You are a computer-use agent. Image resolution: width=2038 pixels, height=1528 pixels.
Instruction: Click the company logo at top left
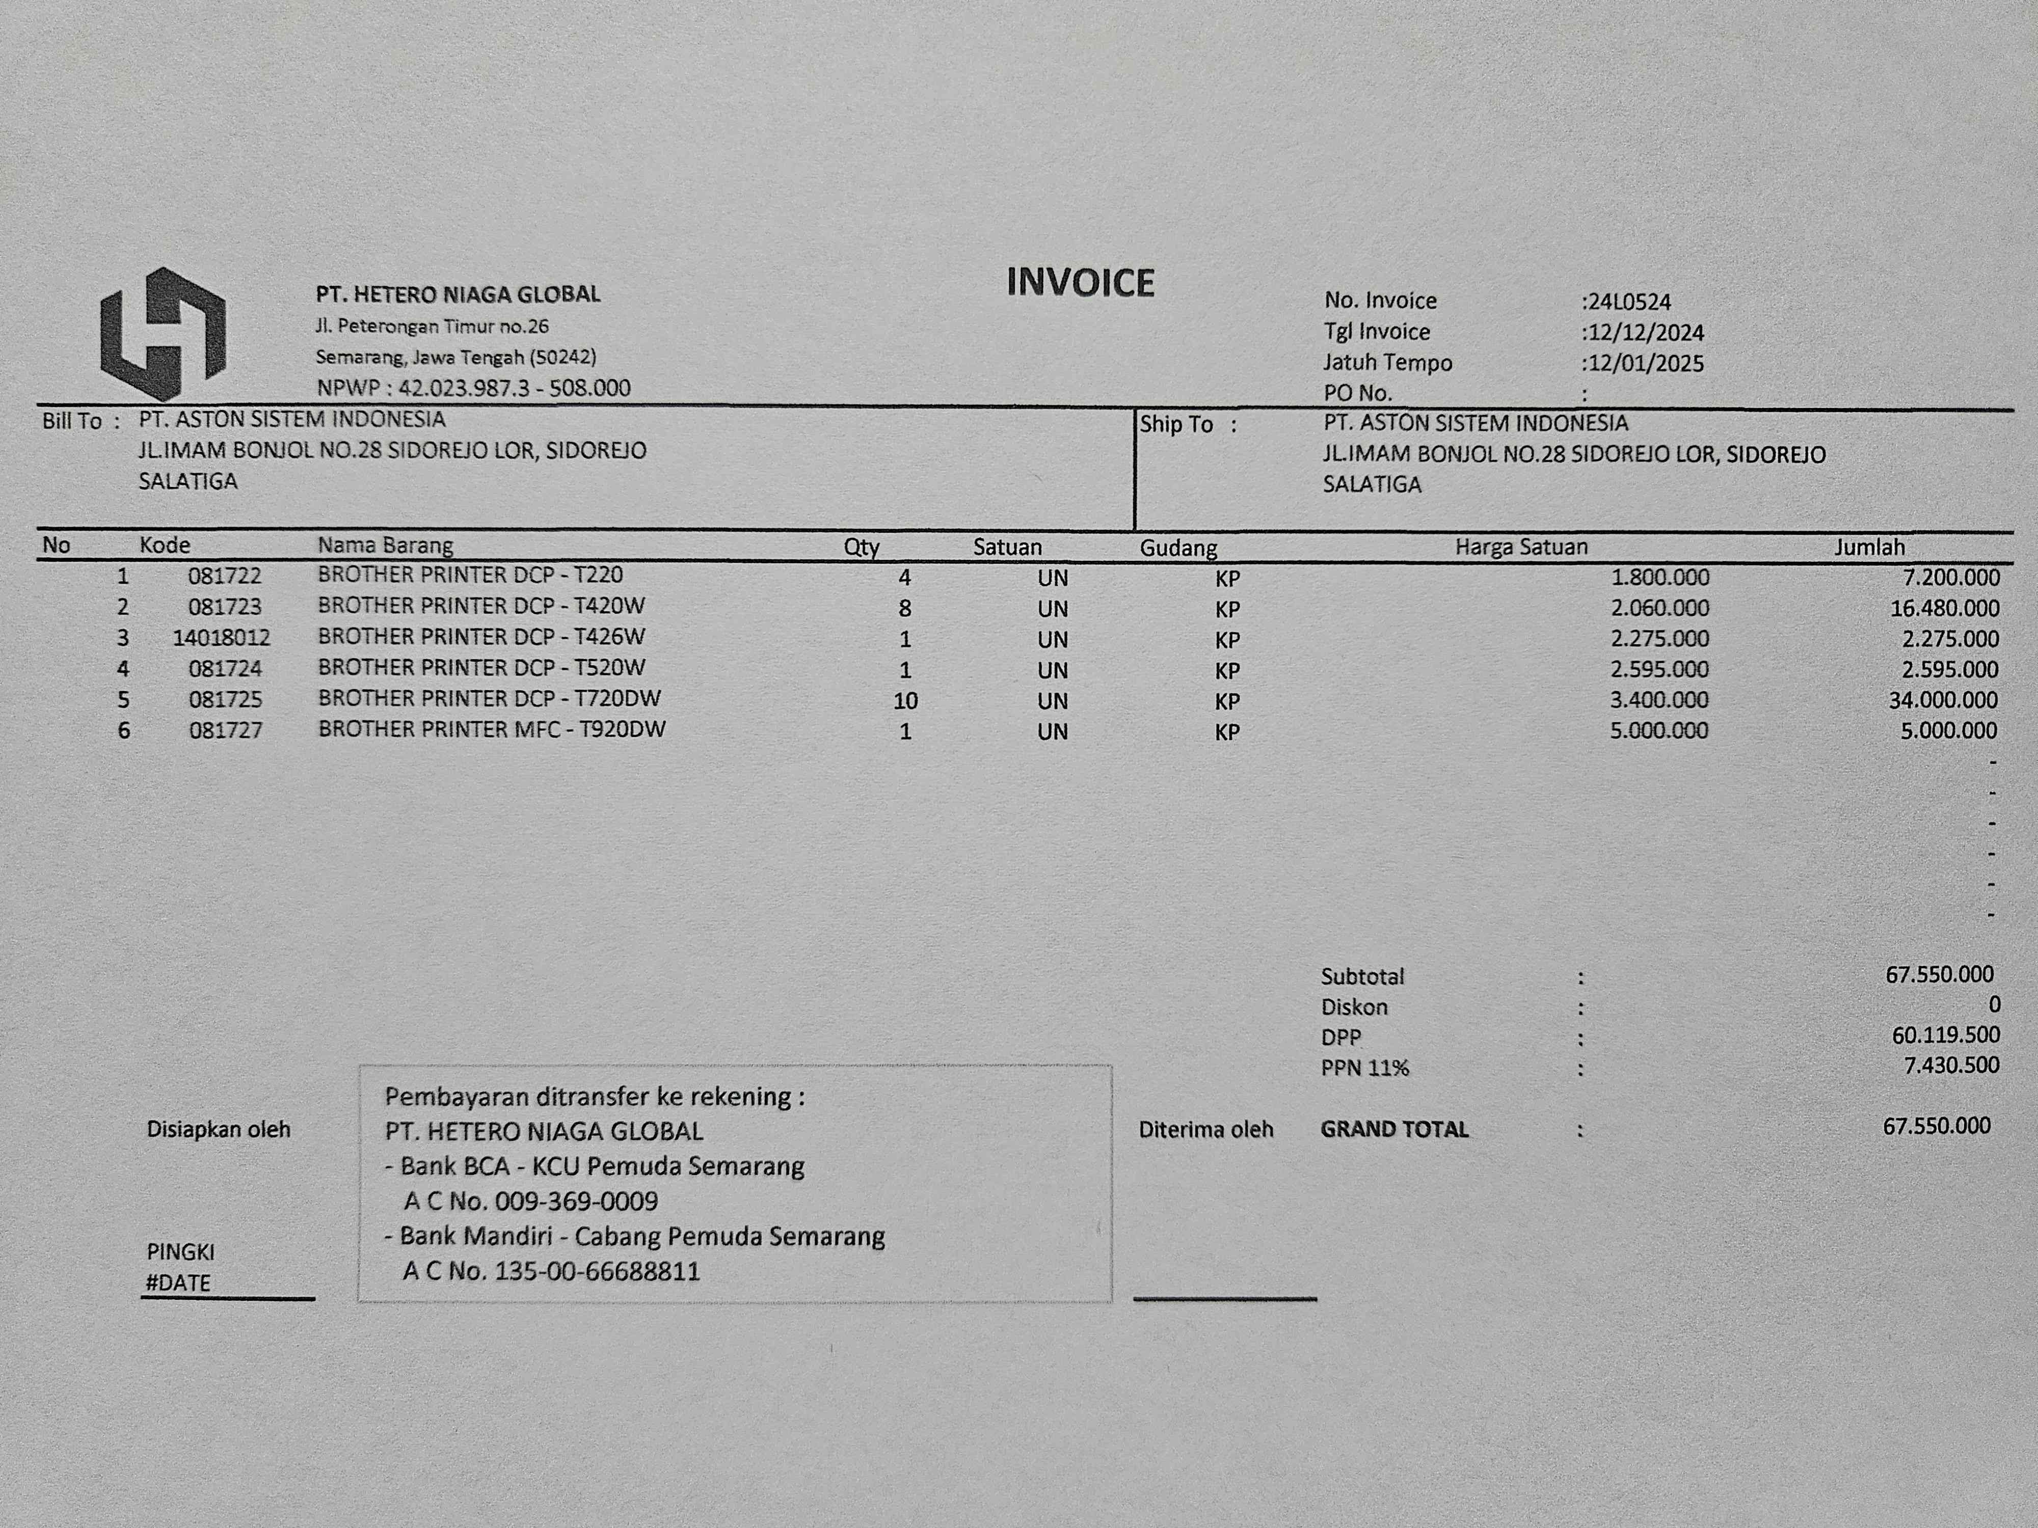click(x=163, y=334)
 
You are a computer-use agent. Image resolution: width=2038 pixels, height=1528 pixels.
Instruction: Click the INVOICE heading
click(x=1080, y=283)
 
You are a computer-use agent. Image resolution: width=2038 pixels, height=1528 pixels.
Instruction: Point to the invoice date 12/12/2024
click(x=1646, y=333)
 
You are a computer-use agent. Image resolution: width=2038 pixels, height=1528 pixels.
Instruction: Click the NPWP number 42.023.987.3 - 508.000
click(x=514, y=388)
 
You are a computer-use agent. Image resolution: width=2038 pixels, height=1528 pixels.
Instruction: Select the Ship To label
click(x=1176, y=425)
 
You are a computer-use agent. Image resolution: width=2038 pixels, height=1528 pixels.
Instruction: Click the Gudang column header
click(x=1178, y=548)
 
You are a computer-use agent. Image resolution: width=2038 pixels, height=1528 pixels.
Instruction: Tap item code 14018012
click(x=221, y=637)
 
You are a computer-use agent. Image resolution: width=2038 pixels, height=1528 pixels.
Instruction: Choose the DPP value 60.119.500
click(x=1945, y=1035)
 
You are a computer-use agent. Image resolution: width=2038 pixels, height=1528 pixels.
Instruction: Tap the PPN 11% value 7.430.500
click(x=1950, y=1066)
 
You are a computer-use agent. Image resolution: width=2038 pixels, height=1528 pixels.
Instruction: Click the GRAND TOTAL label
click(x=1394, y=1129)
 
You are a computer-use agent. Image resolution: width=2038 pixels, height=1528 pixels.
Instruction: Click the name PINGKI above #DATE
click(x=180, y=1252)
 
